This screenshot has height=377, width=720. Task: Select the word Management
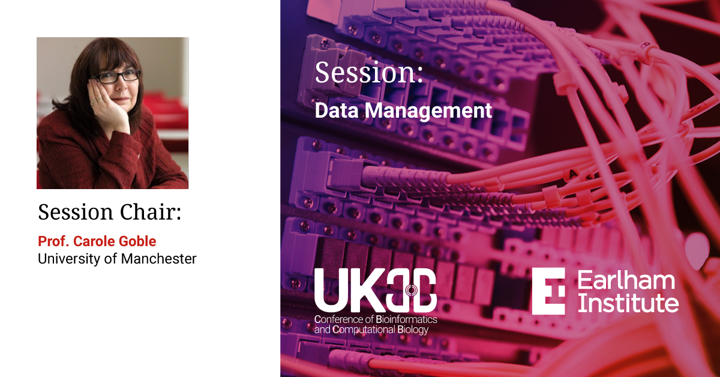pos(428,111)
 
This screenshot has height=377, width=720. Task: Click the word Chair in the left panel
pos(151,212)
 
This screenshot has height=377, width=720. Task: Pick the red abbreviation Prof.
pos(53,241)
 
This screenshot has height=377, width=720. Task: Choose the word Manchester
pos(159,259)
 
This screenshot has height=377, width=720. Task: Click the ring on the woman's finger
pos(94,102)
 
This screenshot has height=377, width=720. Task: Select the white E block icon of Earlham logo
pos(548,291)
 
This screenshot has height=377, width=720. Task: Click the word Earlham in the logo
pos(626,280)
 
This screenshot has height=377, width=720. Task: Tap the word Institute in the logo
pos(628,303)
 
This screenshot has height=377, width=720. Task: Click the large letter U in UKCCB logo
pos(330,291)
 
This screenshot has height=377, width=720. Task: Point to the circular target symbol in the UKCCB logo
pos(411,290)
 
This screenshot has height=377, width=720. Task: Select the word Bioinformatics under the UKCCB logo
pos(406,319)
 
